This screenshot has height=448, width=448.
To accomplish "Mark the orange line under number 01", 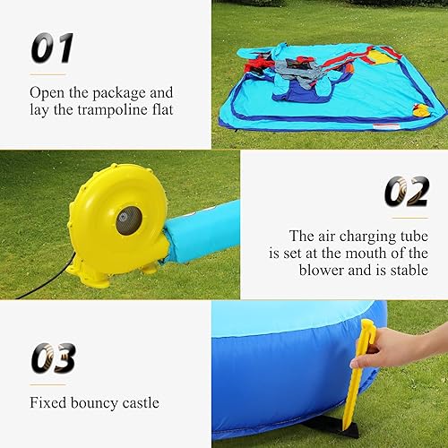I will coord(48,73).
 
